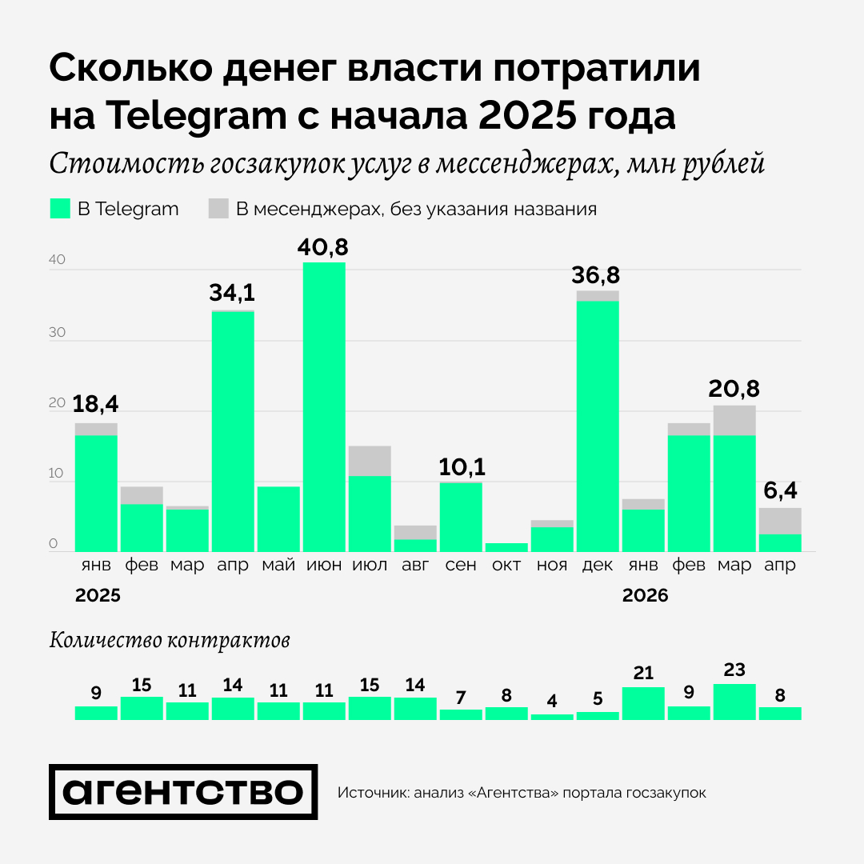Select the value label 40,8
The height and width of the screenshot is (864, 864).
(324, 247)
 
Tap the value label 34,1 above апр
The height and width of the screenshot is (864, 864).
(233, 294)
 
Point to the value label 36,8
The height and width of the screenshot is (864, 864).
(597, 276)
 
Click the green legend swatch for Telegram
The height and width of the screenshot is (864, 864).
(61, 209)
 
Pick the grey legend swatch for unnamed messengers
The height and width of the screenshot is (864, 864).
(218, 209)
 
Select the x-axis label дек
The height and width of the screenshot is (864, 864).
(598, 565)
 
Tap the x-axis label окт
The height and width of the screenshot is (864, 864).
(506, 565)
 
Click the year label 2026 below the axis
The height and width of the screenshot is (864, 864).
(645, 596)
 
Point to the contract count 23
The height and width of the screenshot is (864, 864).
(734, 670)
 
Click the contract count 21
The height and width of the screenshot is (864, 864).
(642, 674)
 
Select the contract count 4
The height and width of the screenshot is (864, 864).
(552, 702)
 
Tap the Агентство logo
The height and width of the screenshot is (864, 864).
(183, 792)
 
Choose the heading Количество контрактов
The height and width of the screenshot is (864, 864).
(170, 640)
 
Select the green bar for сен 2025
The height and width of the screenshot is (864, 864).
(461, 516)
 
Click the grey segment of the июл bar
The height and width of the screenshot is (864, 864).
(370, 461)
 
